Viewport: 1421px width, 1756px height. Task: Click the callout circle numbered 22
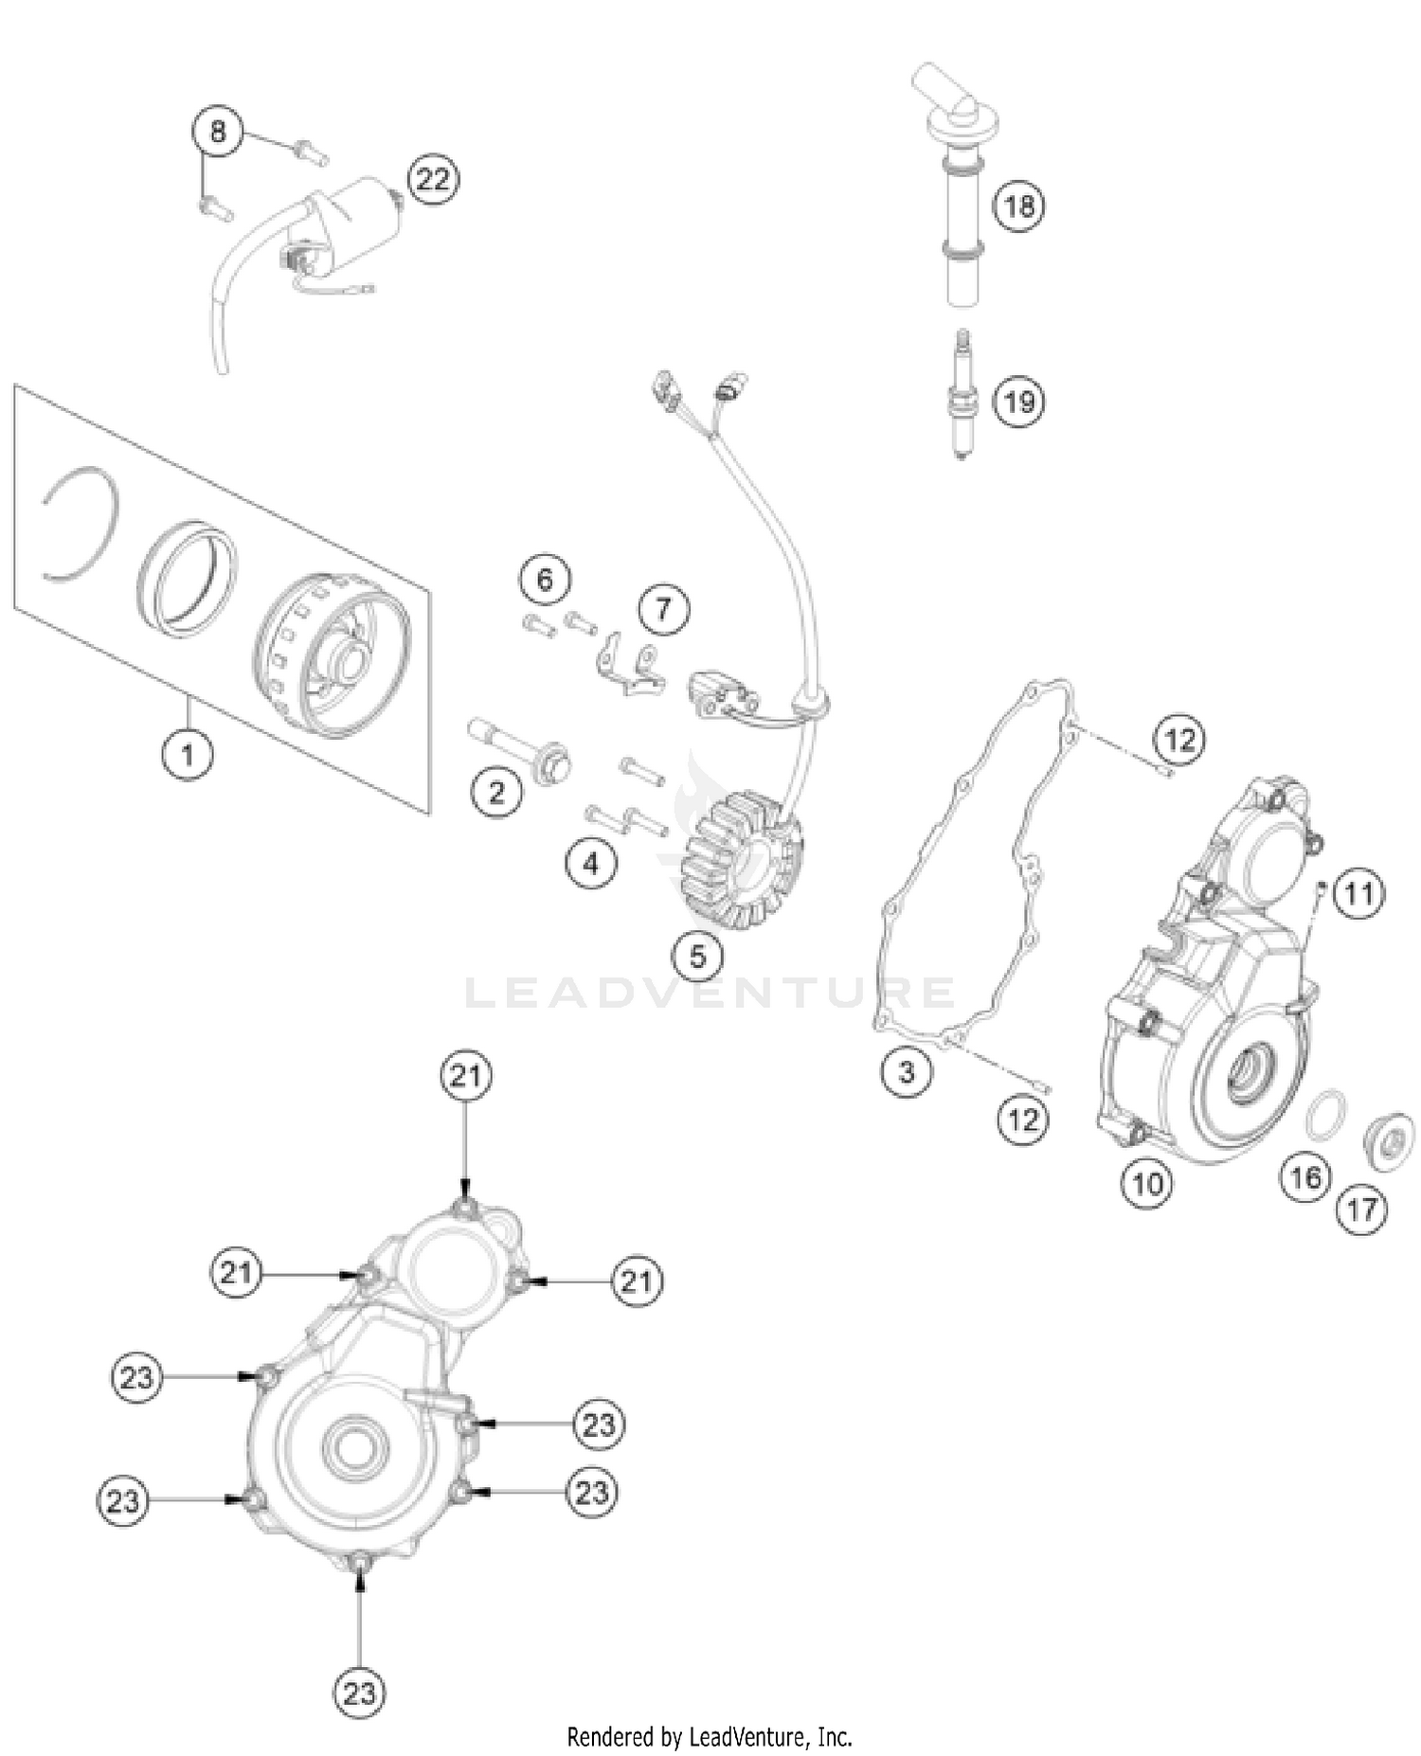[x=433, y=179]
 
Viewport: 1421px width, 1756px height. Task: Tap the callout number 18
[x=1019, y=206]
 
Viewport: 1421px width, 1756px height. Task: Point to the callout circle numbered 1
[x=187, y=754]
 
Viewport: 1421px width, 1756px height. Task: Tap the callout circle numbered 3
[x=907, y=1071]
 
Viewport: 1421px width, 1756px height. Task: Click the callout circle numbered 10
[x=1147, y=1183]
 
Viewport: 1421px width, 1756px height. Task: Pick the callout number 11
[x=1359, y=892]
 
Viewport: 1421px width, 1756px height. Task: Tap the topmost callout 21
[x=465, y=1076]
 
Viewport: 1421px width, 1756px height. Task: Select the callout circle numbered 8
[x=218, y=131]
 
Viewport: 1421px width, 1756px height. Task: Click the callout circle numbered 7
[x=663, y=609]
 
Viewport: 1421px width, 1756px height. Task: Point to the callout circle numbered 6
[x=545, y=578]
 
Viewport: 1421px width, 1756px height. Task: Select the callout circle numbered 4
[x=591, y=863]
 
